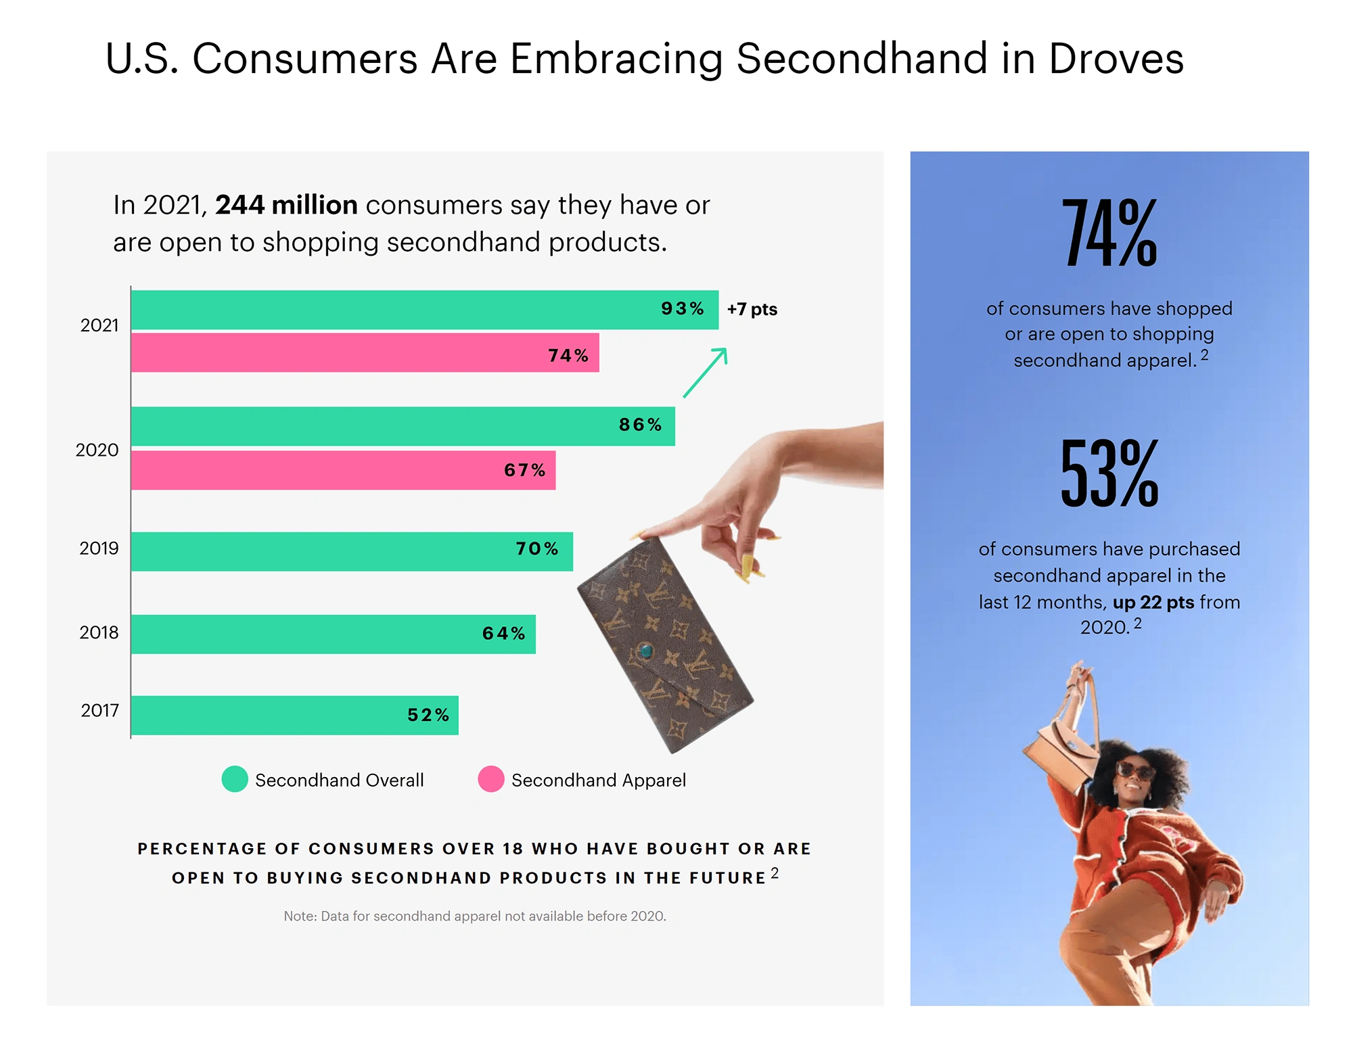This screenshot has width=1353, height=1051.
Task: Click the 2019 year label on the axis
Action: point(99,548)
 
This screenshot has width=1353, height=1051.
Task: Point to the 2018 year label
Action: point(99,632)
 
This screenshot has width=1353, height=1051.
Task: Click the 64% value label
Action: point(503,634)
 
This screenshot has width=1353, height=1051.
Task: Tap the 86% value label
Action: point(640,425)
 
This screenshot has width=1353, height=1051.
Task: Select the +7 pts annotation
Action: point(752,310)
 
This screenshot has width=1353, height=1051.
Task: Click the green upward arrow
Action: point(706,372)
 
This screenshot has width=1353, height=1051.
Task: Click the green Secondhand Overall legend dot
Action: point(235,779)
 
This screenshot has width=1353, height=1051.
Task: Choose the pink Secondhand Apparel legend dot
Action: point(491,779)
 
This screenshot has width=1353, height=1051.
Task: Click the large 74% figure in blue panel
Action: point(1109,233)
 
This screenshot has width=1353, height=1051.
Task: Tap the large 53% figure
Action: point(1109,473)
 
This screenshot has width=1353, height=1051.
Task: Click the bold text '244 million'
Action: point(286,205)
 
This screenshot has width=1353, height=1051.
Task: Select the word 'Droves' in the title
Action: point(1116,59)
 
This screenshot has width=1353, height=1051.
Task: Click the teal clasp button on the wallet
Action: point(646,651)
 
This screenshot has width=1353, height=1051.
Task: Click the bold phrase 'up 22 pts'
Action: point(1153,602)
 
